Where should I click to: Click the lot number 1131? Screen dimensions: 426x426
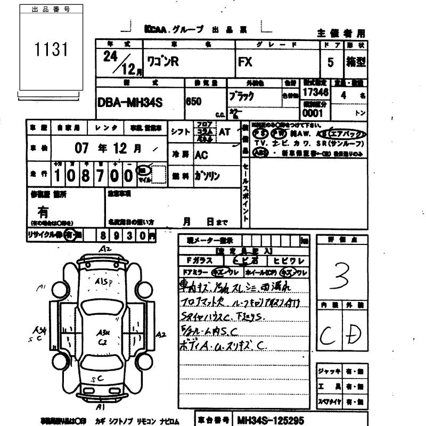[52, 51]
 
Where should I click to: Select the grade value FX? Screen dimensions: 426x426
[245, 62]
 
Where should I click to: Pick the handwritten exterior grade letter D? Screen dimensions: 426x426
[351, 334]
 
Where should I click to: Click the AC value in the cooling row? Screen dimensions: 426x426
[201, 155]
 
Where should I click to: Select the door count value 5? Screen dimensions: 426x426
[331, 62]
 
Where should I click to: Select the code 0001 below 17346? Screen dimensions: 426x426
[313, 113]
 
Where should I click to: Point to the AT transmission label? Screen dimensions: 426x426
[225, 132]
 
